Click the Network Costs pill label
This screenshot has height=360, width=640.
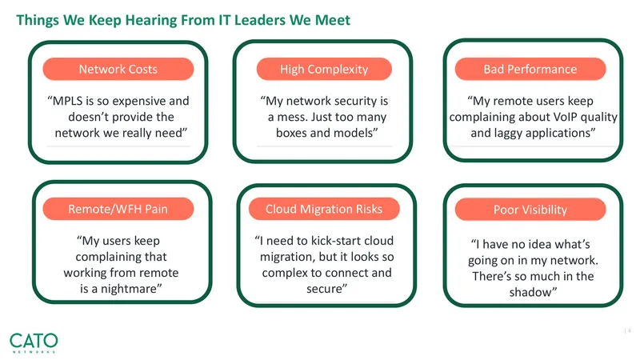[x=118, y=69]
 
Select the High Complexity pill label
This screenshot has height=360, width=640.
[x=324, y=69]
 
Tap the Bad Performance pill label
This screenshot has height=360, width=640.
[x=530, y=69]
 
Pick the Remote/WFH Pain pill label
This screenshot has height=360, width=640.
[x=118, y=209]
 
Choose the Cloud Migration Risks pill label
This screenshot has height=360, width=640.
[x=324, y=209]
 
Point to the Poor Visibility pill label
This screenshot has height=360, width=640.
[x=530, y=210]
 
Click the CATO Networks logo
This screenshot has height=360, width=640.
[x=34, y=343]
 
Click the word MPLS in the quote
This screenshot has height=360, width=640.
[x=67, y=101]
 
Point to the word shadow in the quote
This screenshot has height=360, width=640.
[x=530, y=292]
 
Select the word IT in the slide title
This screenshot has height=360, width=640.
[x=225, y=19]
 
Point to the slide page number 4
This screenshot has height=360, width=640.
[x=629, y=330]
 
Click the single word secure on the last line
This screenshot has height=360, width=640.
[x=325, y=289]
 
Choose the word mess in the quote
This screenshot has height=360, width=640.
[x=291, y=118]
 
